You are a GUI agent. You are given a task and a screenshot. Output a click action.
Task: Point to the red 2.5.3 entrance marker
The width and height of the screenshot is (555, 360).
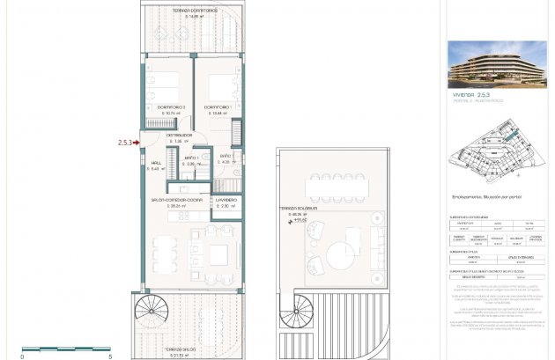click(125, 142)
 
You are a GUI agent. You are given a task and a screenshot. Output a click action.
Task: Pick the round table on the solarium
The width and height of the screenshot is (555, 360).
click(338, 259)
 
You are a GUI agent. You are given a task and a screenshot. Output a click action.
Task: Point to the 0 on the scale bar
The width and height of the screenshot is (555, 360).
click(23, 356)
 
